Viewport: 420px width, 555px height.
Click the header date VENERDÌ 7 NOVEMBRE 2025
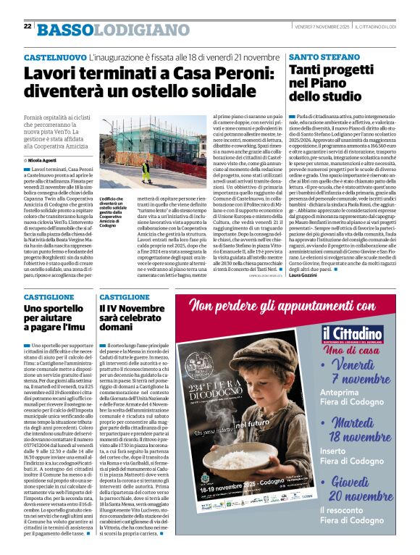pos(322,26)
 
